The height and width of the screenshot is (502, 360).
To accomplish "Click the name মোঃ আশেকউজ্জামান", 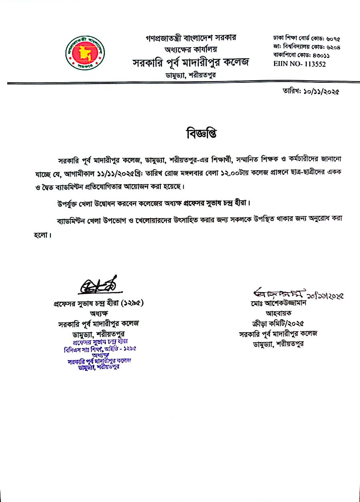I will [x=277, y=303].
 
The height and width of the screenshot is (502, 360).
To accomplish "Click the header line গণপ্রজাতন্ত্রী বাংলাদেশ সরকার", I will [x=191, y=38].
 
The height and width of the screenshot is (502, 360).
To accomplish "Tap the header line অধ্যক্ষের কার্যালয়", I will [x=191, y=50].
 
